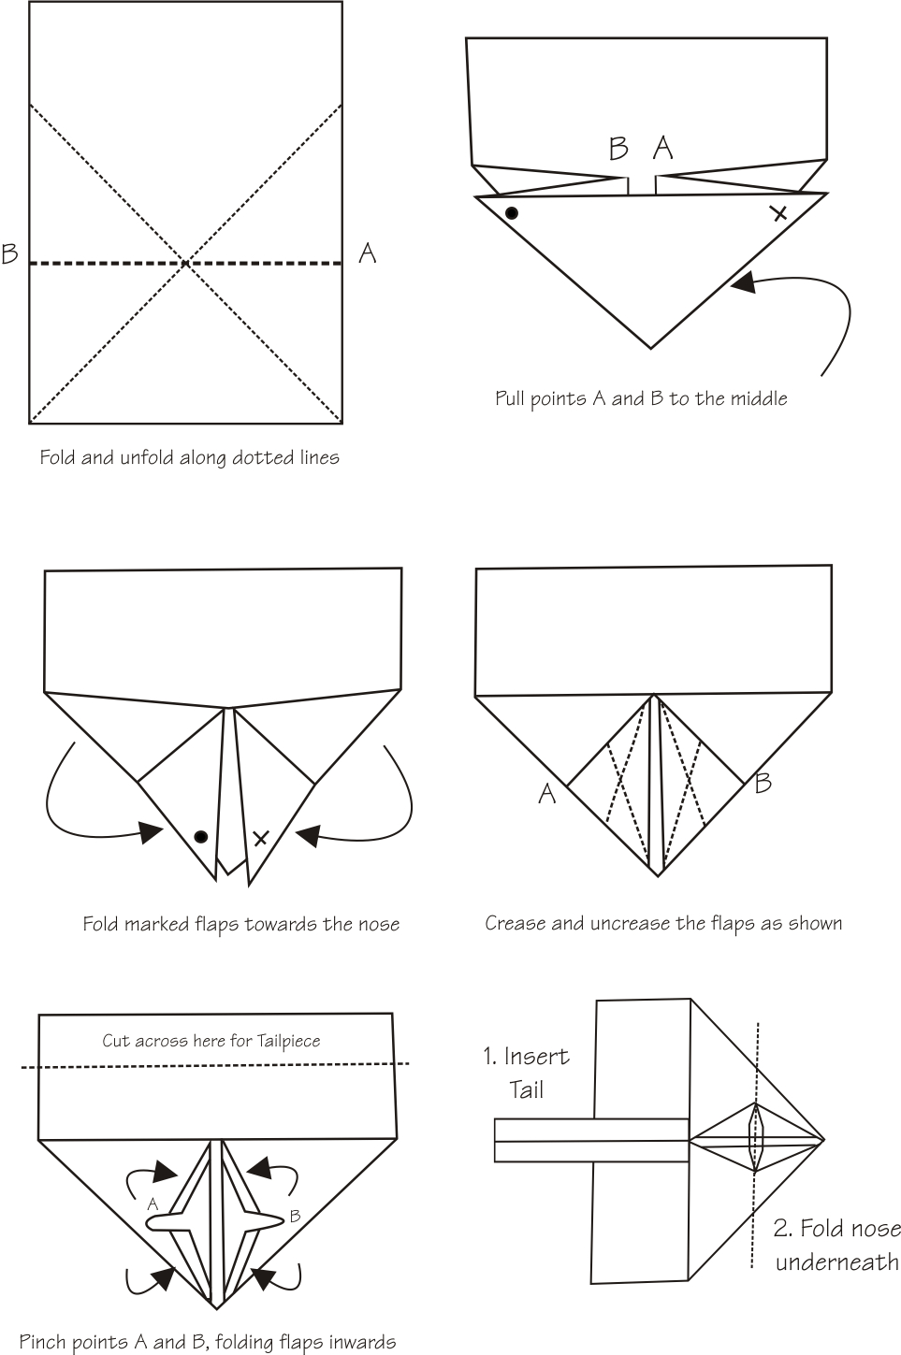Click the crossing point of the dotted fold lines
186,264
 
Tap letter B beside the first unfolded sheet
10,253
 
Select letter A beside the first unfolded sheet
368,252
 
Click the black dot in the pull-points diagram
512,213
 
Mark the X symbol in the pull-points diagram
778,214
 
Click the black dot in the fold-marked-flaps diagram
200,837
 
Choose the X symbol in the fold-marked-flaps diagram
261,838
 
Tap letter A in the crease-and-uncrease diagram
547,794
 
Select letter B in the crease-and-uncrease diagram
763,783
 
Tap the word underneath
836,1262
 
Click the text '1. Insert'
526,1057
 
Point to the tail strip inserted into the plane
561,1141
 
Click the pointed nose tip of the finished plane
822,1140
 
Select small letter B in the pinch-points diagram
295,1217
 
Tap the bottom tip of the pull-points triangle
651,348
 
